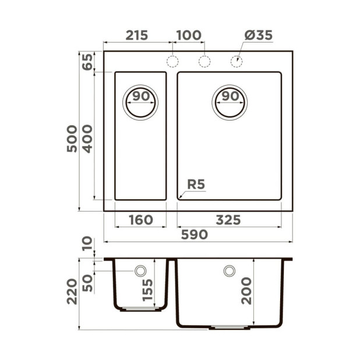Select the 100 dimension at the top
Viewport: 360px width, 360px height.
(188, 35)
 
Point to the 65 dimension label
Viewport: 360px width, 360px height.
(87, 61)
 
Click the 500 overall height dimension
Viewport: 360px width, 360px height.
(72, 138)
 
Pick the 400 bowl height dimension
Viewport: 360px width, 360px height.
(87, 138)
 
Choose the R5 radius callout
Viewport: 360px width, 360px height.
(196, 185)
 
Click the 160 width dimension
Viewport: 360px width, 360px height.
(140, 220)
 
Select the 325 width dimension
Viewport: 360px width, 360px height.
(228, 220)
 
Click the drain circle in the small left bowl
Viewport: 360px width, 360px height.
(140, 103)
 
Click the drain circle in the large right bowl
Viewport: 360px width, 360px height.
(229, 103)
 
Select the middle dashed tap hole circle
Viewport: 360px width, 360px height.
(204, 61)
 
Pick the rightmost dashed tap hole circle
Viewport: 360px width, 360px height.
(237, 61)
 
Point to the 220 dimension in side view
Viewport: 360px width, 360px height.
(72, 291)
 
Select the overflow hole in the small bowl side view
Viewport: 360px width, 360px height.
(140, 271)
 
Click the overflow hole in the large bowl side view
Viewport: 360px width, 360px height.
(229, 271)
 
